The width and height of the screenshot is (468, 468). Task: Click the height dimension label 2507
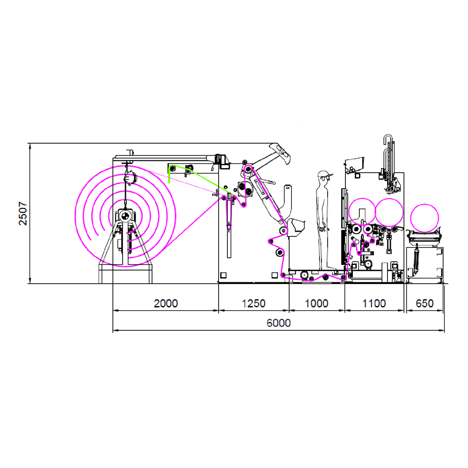coord(23,213)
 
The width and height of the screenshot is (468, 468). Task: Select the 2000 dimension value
coord(166,303)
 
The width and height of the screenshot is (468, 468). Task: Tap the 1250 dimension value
coord(253,303)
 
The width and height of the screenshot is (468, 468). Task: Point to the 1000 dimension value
coord(316,303)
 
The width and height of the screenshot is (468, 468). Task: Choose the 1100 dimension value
coord(374,303)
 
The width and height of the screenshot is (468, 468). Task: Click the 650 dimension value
coord(424,303)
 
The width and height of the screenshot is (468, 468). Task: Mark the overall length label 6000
coord(278,323)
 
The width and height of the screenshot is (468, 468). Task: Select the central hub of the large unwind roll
coord(125,216)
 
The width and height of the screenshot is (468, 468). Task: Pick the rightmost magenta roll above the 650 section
coord(424,218)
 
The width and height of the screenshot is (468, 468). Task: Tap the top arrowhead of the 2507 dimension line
coord(30,145)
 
